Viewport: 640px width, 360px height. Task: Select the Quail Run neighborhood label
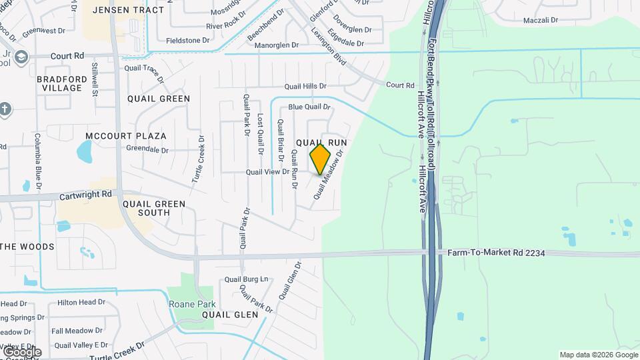tap(323, 143)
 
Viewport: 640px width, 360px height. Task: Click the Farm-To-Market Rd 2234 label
tap(495, 253)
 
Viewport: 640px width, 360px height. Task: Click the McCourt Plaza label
tap(126, 135)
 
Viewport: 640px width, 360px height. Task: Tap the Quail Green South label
tap(145, 208)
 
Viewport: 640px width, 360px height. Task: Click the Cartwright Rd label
tap(85, 195)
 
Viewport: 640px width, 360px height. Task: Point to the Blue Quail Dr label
tap(309, 107)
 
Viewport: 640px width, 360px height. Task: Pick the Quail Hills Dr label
tap(305, 86)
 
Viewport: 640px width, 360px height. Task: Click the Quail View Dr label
tap(267, 171)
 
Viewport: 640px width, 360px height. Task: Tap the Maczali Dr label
tap(541, 20)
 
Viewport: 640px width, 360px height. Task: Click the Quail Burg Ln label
tap(246, 279)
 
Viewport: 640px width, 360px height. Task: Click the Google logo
tap(22, 351)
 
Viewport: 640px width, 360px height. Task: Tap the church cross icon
tap(5, 109)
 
